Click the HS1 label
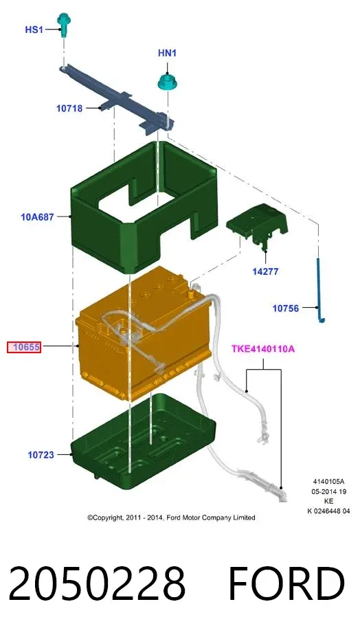click(x=34, y=30)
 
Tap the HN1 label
click(x=167, y=53)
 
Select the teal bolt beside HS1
click(x=63, y=24)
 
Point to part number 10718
click(x=69, y=109)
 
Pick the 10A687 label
click(x=37, y=217)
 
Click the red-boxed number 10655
click(x=24, y=347)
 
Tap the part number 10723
click(x=41, y=455)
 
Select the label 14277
click(x=265, y=271)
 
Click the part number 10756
click(x=285, y=309)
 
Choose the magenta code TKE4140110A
click(x=263, y=348)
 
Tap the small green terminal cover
click(x=258, y=225)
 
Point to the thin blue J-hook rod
click(x=319, y=291)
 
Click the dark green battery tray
click(x=142, y=440)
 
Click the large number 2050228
click(x=97, y=583)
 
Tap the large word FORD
click(x=286, y=583)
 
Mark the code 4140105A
click(x=328, y=482)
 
